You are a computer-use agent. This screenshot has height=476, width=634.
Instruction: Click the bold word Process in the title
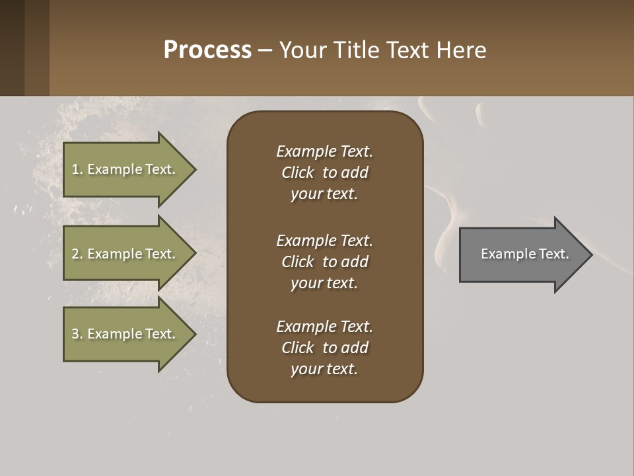click(207, 50)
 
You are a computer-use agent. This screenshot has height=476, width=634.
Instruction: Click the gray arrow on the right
click(522, 254)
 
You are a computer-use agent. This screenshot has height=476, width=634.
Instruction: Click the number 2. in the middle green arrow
click(77, 254)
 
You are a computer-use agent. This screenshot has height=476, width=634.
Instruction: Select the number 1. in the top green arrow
click(77, 169)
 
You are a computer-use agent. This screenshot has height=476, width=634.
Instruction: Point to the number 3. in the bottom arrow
click(77, 334)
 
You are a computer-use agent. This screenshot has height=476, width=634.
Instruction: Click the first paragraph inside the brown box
click(324, 173)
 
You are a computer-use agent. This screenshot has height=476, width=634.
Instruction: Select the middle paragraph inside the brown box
click(324, 262)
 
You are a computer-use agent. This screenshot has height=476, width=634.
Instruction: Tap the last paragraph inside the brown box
click(324, 348)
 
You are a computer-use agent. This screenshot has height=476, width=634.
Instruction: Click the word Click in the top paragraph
click(297, 173)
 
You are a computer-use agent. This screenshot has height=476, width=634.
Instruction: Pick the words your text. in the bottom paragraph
click(324, 369)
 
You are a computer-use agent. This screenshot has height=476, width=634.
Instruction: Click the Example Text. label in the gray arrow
click(525, 254)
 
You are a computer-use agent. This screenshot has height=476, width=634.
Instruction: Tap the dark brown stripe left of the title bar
click(12, 48)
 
